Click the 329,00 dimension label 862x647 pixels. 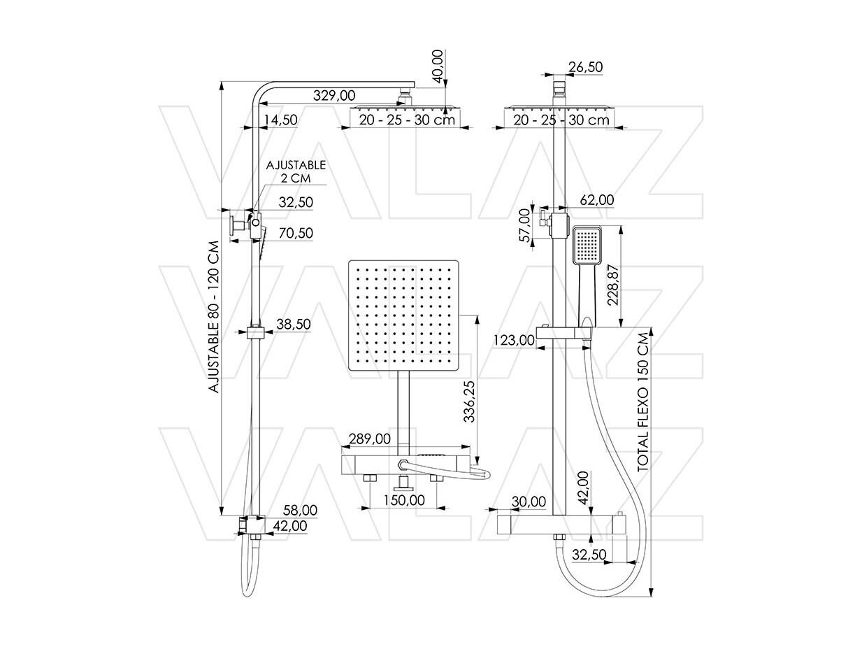click(334, 95)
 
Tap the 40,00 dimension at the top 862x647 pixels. click(437, 66)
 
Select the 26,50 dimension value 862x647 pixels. click(586, 66)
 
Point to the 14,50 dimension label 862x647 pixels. click(280, 120)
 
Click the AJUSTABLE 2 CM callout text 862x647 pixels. click(296, 171)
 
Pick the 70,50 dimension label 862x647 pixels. click(296, 233)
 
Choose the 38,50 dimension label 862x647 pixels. click(294, 324)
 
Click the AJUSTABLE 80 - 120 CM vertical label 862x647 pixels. click(214, 317)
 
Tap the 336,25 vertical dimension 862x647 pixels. click(469, 401)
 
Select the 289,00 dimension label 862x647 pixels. click(370, 439)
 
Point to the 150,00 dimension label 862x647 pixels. click(404, 500)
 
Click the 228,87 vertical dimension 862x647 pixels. click(613, 285)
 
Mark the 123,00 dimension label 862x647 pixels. click(514, 340)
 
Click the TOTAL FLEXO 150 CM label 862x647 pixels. click(643, 402)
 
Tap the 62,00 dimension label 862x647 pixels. click(597, 200)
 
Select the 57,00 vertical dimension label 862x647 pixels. click(524, 225)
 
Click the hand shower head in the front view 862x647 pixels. click(587, 245)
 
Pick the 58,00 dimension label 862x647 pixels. click(300, 511)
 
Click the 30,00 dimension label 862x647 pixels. click(529, 502)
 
